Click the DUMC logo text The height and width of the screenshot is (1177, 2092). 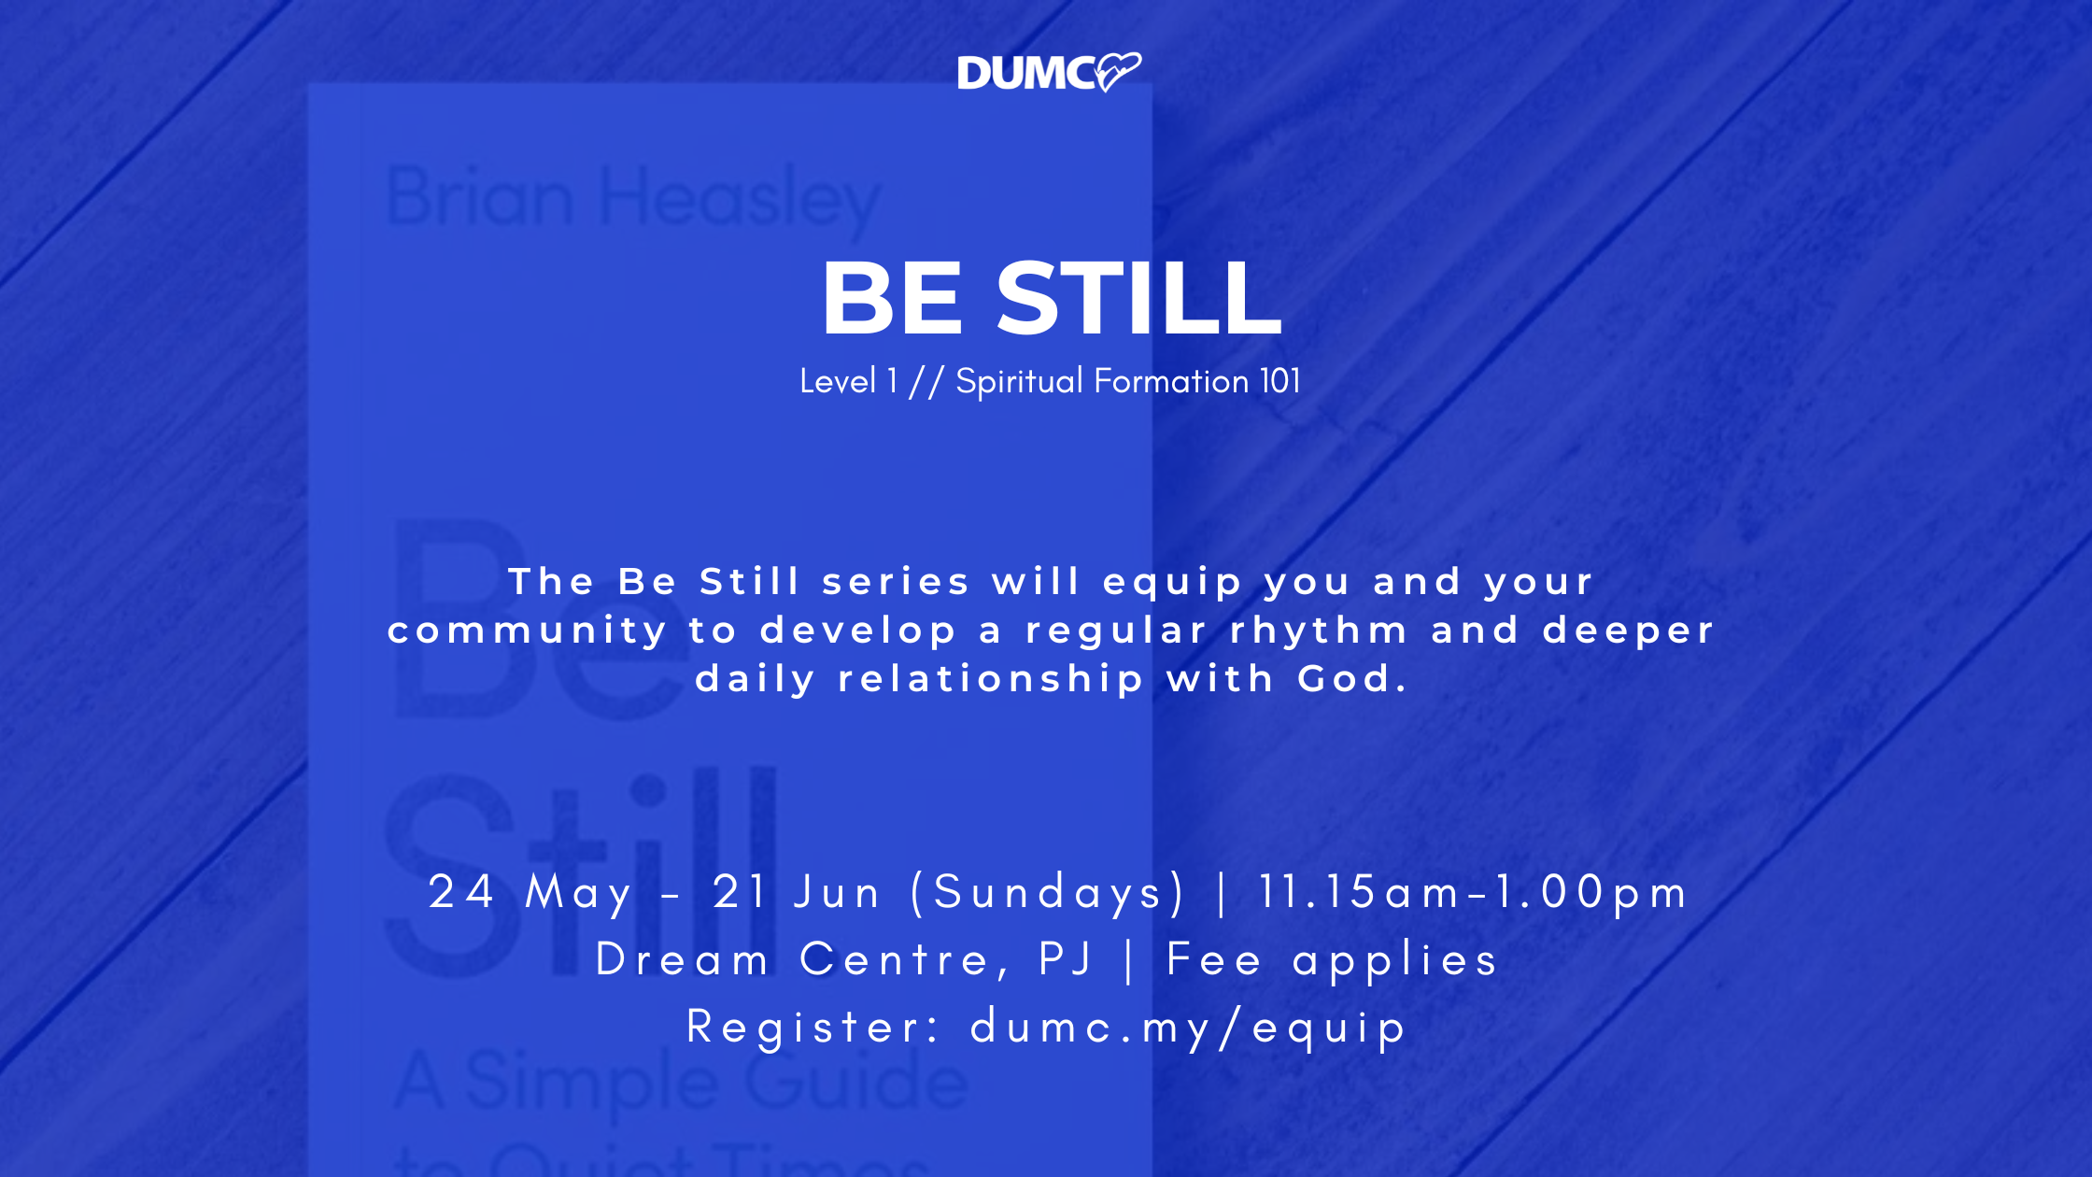point(1026,73)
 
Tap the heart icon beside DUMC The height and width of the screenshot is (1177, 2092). point(1118,71)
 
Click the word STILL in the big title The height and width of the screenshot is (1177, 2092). point(1139,298)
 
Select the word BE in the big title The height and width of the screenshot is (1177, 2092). point(892,298)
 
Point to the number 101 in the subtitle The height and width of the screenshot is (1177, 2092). point(1280,381)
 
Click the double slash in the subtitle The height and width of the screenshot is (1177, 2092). point(926,381)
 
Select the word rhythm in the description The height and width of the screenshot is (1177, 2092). point(1320,630)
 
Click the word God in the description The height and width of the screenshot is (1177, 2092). point(1352,678)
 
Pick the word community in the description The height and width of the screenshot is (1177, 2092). point(528,631)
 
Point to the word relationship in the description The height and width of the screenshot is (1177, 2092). point(991,679)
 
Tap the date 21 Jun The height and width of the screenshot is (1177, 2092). point(797,892)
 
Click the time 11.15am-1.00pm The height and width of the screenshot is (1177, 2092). point(1474,892)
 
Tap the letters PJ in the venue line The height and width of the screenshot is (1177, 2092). point(1066,959)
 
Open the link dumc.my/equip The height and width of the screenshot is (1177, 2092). point(1188,1028)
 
